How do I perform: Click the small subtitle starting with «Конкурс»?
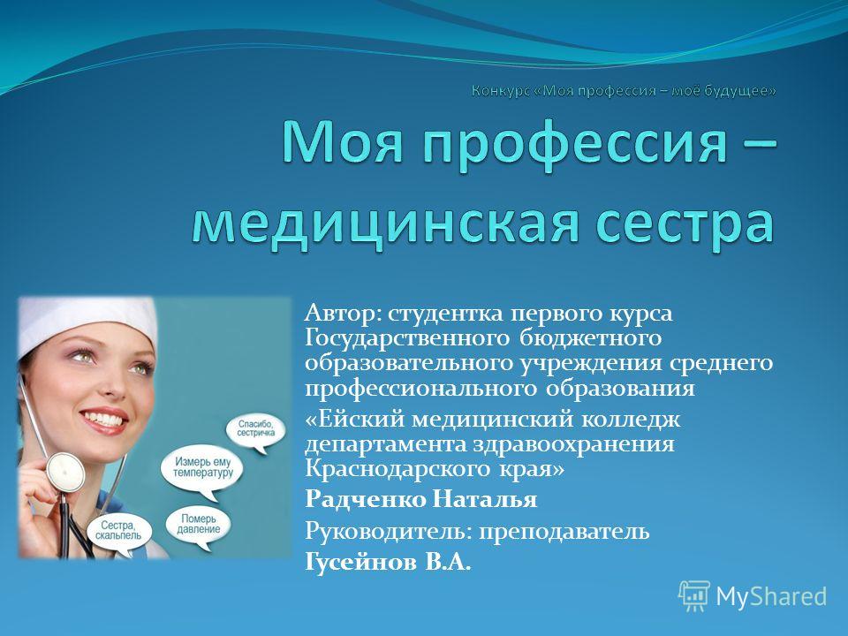point(624,91)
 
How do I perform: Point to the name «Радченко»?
point(365,498)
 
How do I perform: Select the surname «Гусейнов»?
point(360,562)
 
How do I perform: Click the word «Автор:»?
point(343,313)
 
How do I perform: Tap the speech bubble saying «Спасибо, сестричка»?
point(256,431)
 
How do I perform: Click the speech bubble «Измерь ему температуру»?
point(201,469)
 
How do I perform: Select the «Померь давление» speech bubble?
point(198,525)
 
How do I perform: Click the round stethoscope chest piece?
point(65,471)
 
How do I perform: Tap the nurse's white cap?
point(87,323)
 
